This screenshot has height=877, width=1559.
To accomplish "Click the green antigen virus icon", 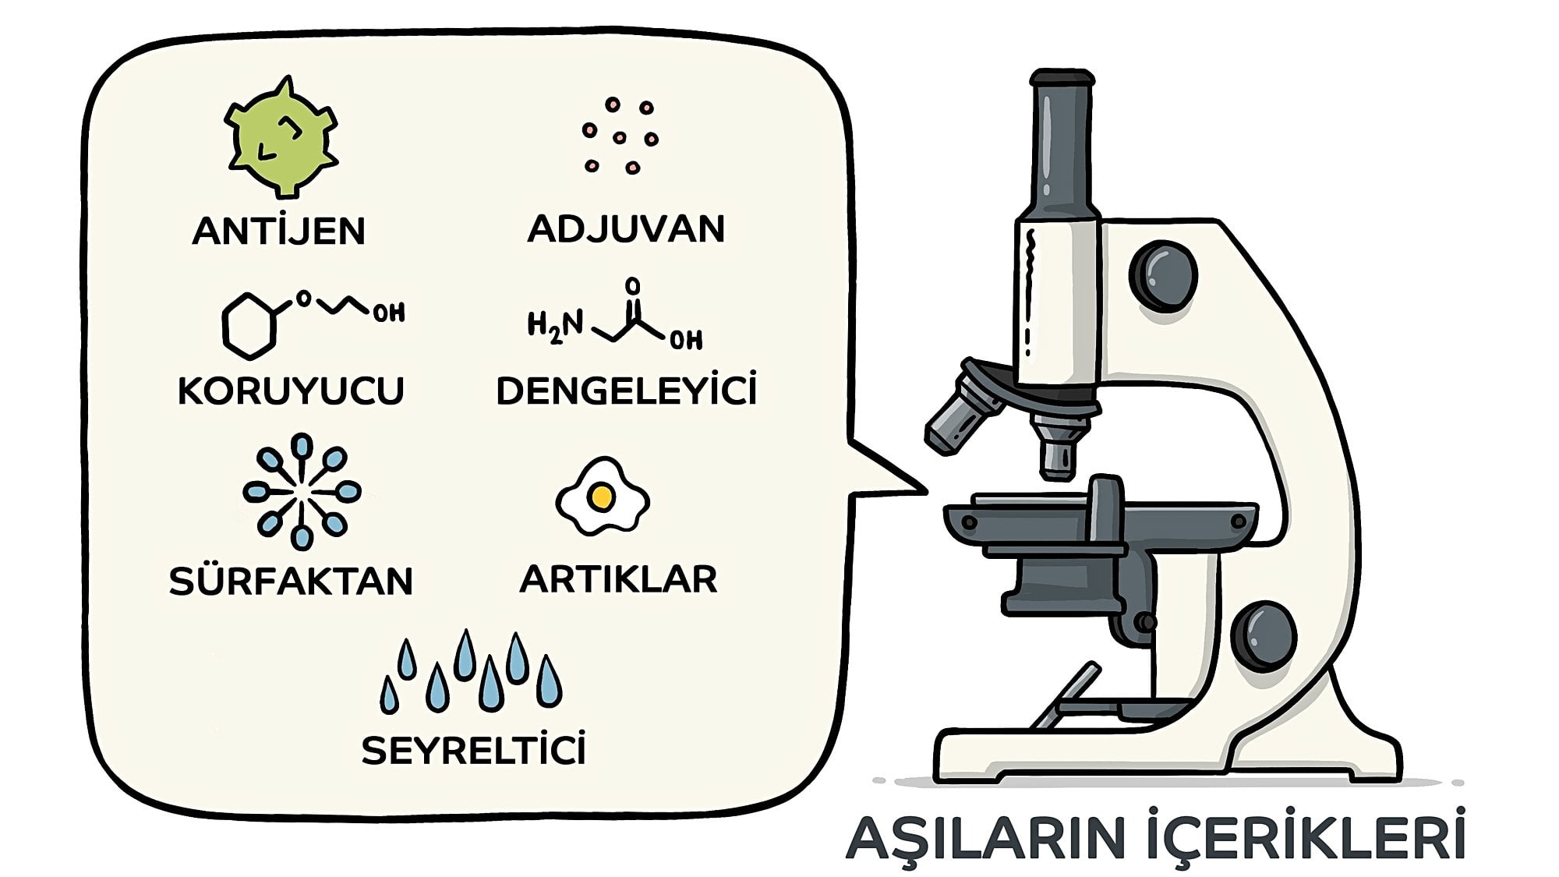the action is (281, 137).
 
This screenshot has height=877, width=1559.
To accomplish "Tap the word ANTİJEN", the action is (279, 231).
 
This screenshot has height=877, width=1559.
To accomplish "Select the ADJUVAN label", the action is (626, 228).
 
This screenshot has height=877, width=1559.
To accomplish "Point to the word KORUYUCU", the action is (291, 391).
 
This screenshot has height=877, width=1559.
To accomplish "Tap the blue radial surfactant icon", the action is (302, 491).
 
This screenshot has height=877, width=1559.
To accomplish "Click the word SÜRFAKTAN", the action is (291, 580).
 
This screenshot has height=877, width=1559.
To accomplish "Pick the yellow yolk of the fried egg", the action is (601, 496).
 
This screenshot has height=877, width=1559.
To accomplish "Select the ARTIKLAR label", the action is (618, 578).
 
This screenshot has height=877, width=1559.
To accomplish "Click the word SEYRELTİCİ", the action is (473, 750).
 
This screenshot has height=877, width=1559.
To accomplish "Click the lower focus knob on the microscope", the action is (1264, 635).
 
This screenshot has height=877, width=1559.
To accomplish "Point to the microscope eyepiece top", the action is (1062, 78).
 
